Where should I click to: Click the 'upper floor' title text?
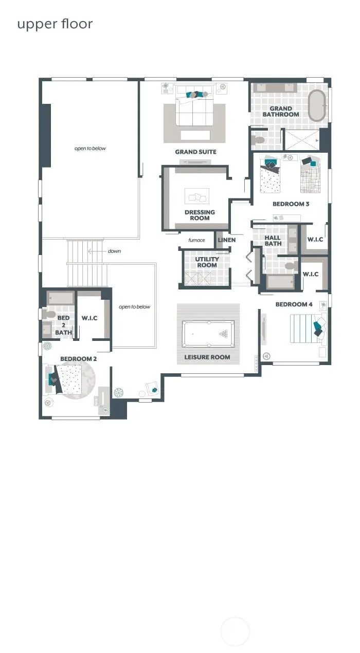[55, 24]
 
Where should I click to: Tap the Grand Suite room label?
[195, 152]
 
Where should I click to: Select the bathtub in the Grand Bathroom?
[317, 105]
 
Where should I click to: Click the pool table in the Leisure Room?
[208, 333]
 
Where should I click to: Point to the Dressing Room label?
[200, 215]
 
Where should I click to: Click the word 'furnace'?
[196, 240]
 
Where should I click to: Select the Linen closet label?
[226, 240]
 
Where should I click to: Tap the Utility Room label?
[207, 262]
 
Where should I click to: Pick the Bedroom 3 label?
[291, 204]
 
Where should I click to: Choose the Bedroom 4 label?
[294, 304]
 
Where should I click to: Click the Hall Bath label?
[273, 241]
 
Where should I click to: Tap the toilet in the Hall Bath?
[291, 266]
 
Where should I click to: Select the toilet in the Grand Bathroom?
[259, 139]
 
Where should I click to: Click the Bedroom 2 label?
[78, 359]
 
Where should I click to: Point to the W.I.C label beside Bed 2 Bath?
[89, 318]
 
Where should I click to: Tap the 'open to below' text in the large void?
[90, 149]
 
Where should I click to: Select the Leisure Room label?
[207, 357]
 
